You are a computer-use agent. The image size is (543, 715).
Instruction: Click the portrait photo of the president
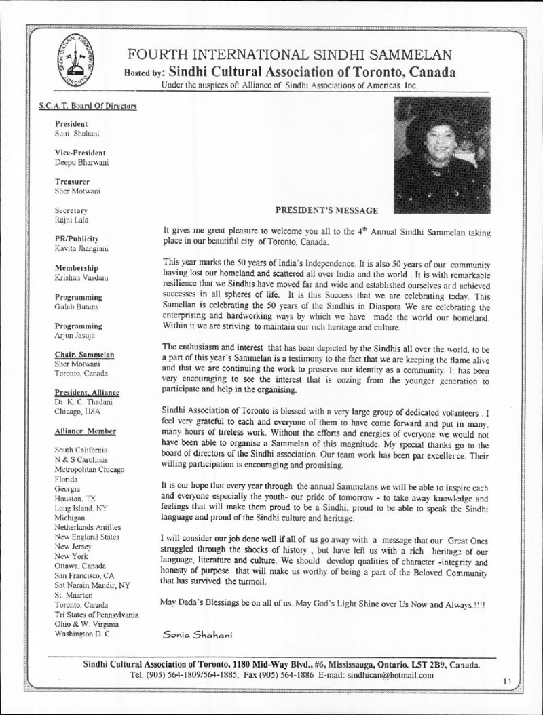442,155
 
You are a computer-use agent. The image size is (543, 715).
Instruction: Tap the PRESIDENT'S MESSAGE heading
326,210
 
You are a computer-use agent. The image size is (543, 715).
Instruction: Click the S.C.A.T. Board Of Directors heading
88,107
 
